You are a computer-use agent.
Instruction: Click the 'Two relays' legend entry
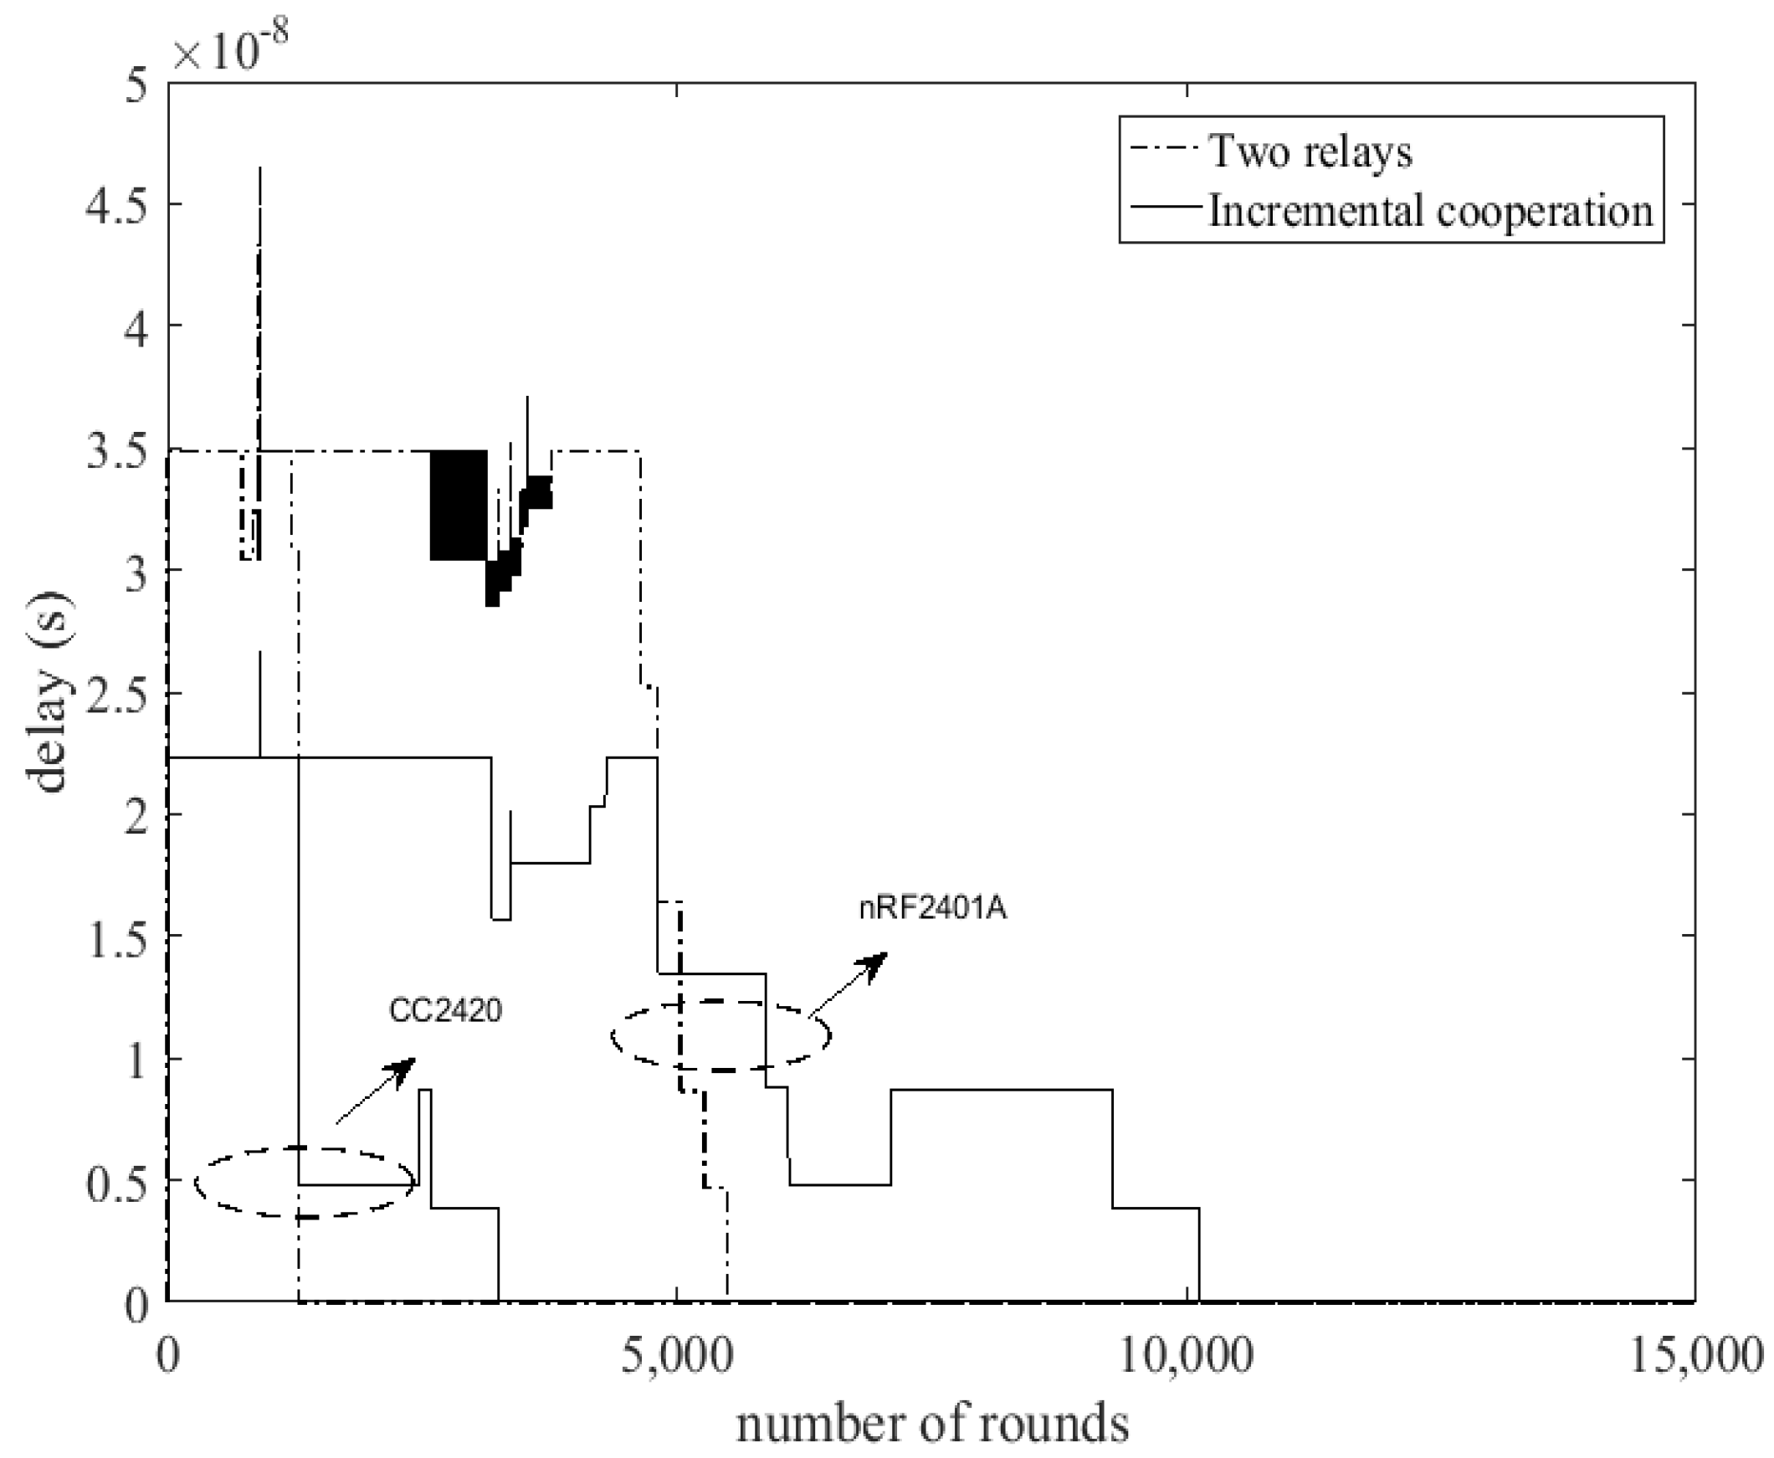point(1309,152)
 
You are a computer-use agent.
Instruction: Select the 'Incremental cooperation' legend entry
point(1430,210)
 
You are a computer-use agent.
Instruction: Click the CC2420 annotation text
point(445,1009)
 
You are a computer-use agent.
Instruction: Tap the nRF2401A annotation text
point(932,909)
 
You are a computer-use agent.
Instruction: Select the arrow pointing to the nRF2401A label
point(848,985)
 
